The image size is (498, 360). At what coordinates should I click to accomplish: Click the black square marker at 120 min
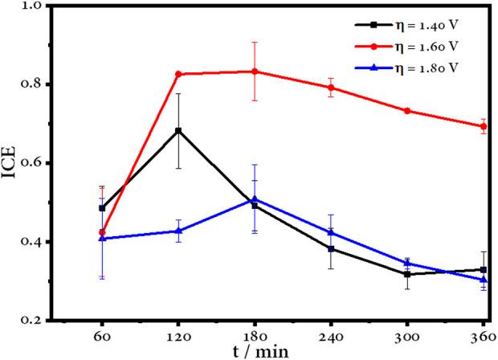pyautogui.click(x=178, y=130)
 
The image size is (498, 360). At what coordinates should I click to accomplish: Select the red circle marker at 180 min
pyautogui.click(x=255, y=72)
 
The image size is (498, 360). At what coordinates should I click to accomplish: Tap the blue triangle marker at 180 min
pyautogui.click(x=255, y=199)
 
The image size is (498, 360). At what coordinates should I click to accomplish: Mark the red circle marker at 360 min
pyautogui.click(x=484, y=126)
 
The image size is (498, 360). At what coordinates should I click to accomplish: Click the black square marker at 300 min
pyautogui.click(x=407, y=274)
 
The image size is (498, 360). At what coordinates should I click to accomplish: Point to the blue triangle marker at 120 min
pyautogui.click(x=178, y=231)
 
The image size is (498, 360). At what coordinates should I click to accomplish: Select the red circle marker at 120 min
pyautogui.click(x=178, y=74)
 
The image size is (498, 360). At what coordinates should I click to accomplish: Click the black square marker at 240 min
pyautogui.click(x=331, y=248)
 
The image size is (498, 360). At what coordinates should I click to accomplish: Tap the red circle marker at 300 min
pyautogui.click(x=407, y=110)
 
